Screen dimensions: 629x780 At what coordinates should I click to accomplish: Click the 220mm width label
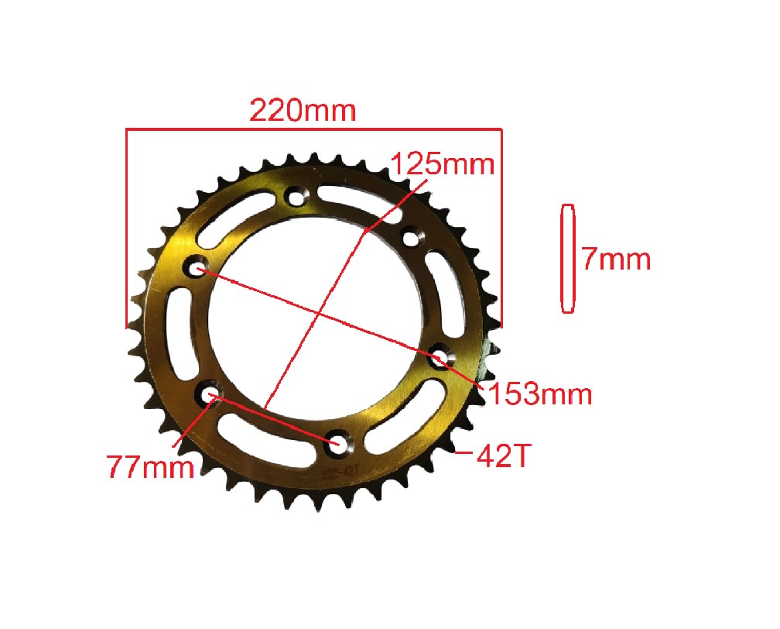click(x=302, y=111)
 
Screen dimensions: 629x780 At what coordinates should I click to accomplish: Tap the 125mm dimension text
click(x=442, y=166)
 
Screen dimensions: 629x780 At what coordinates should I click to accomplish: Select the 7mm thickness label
click(x=616, y=259)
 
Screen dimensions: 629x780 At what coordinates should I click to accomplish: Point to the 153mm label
click(x=539, y=394)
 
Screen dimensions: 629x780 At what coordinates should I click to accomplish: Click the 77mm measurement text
click(x=150, y=468)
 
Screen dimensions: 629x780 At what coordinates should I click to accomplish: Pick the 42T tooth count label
click(x=503, y=457)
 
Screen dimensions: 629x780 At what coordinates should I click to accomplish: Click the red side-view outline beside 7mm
click(x=568, y=259)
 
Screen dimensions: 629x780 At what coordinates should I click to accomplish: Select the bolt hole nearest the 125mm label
click(x=409, y=237)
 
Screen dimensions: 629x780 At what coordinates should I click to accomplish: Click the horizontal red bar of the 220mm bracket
click(x=314, y=129)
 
